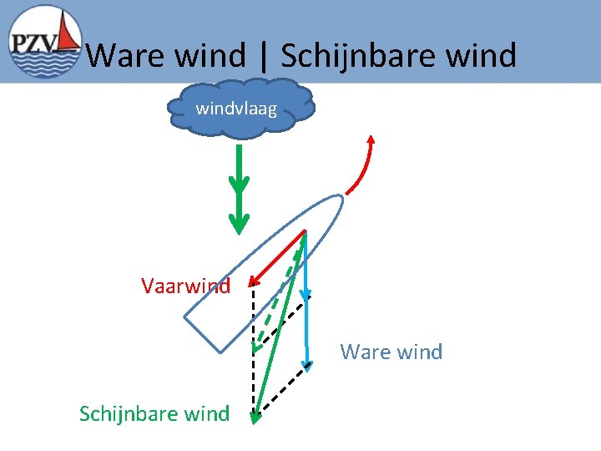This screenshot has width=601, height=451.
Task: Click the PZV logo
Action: [x=43, y=42]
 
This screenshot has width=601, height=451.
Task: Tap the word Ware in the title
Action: [x=125, y=56]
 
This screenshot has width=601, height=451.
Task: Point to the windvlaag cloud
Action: [x=240, y=106]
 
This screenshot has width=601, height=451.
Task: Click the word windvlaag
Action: [x=236, y=108]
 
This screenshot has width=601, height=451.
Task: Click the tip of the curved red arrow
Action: [x=371, y=136]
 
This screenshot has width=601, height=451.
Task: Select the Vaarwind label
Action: [x=185, y=286]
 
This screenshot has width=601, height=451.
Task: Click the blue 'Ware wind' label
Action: [x=391, y=352]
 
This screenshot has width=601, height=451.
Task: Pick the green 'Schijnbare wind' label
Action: [x=154, y=413]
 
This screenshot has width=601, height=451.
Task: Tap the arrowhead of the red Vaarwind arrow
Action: [x=254, y=284]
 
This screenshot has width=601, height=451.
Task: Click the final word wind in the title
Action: [x=480, y=56]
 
